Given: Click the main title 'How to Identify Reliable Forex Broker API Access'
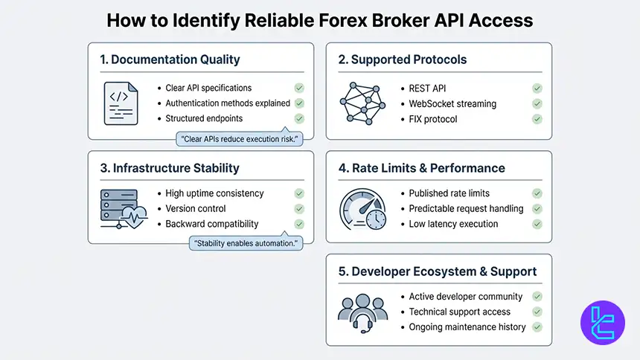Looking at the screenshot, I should (320, 19).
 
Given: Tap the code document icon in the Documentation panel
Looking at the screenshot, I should (121, 103).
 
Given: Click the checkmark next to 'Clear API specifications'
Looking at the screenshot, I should (299, 88).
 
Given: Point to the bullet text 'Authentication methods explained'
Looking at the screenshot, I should (228, 103).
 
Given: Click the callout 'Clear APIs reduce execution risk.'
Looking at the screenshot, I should (239, 138).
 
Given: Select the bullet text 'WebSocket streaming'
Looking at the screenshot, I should (452, 103).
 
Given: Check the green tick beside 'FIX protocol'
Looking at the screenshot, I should (537, 119).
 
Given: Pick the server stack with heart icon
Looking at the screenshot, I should (121, 208).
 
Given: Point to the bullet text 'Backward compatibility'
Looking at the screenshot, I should (212, 224).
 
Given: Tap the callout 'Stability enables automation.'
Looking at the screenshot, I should (246, 243).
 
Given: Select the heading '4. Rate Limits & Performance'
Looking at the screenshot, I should (421, 168).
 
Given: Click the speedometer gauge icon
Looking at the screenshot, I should (361, 209).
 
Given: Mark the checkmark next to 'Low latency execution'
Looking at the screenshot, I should (537, 224).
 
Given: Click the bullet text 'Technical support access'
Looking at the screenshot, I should (460, 312).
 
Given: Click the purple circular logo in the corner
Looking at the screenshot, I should (602, 323).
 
